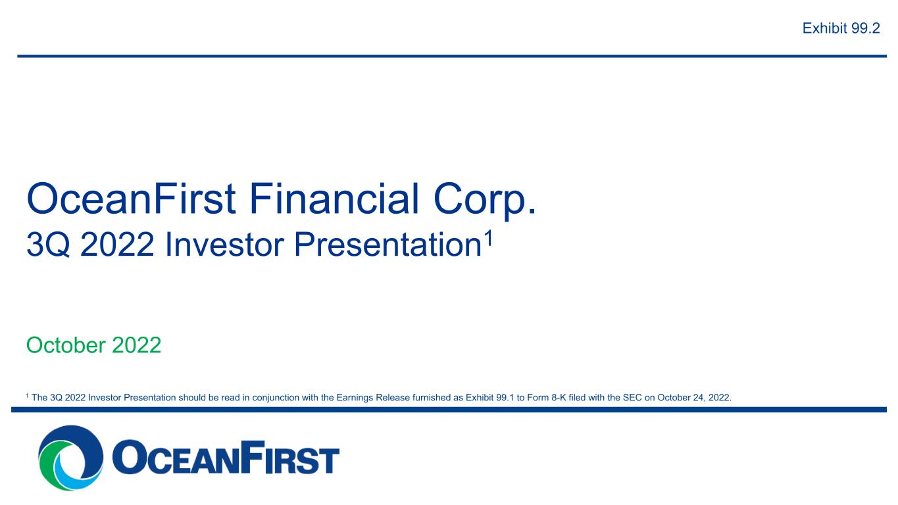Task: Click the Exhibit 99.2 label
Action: coord(841,28)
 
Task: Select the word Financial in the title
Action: coord(334,199)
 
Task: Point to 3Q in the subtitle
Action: coord(48,245)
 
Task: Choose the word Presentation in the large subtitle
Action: coord(387,245)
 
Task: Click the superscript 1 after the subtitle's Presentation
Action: coord(488,239)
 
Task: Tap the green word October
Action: coord(66,345)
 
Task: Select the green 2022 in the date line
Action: coord(137,345)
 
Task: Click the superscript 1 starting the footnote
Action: coord(27,396)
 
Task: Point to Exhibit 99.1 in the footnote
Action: coord(489,398)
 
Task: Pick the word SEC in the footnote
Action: coord(632,398)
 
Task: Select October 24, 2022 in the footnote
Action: coord(694,398)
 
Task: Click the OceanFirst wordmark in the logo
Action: coord(226,457)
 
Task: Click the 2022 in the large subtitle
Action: coord(117,245)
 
